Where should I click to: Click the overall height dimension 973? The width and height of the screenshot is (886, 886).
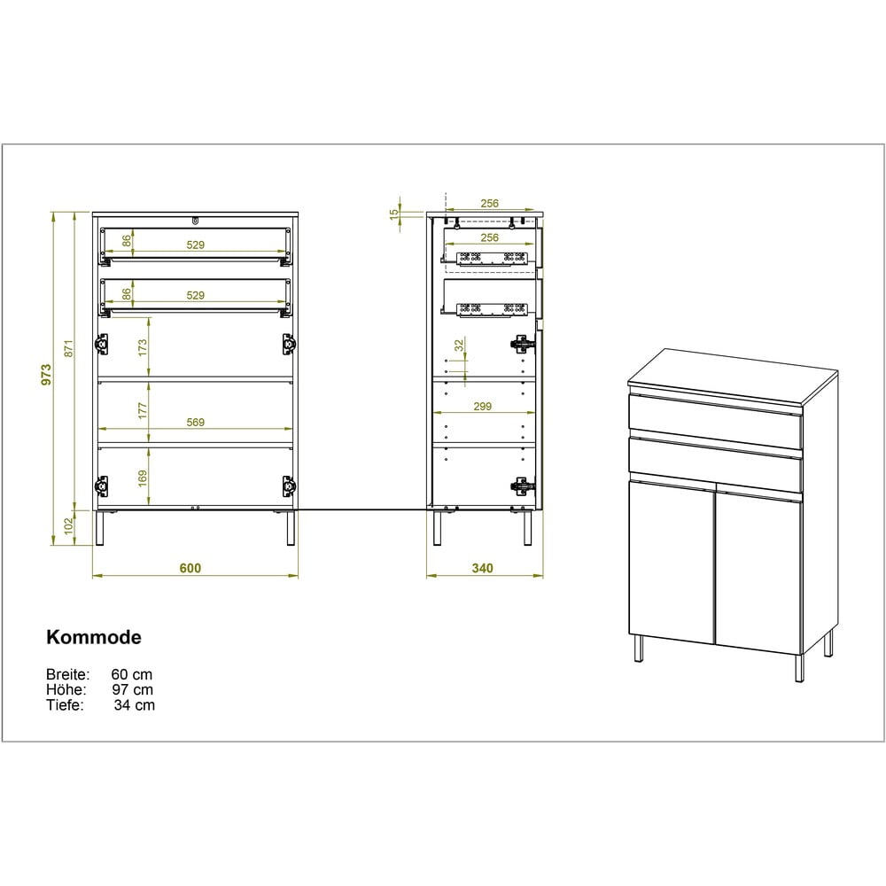[x=46, y=375]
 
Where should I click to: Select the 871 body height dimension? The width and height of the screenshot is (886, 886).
[x=68, y=348]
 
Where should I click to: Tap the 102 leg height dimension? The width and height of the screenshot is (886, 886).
[x=68, y=526]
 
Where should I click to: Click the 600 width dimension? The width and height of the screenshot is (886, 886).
[x=190, y=568]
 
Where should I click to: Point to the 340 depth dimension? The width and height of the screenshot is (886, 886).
[x=482, y=568]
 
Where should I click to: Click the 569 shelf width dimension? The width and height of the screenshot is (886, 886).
[x=195, y=422]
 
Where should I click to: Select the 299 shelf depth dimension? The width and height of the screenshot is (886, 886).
[x=482, y=407]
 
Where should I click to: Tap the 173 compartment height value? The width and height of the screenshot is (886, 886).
[x=143, y=347]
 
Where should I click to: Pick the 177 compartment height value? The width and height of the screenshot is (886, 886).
[x=143, y=410]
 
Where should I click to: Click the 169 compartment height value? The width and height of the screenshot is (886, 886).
[x=143, y=478]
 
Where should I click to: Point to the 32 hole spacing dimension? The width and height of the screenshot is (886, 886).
[x=459, y=345]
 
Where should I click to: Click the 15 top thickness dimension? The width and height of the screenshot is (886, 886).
[x=394, y=214]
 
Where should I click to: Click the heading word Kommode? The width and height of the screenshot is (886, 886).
[x=94, y=637]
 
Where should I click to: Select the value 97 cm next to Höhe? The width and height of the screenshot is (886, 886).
[x=133, y=689]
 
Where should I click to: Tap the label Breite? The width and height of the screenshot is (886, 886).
[x=68, y=674]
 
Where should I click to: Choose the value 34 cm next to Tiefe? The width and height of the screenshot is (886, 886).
[x=134, y=704]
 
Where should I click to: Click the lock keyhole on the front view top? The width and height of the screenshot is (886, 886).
[x=195, y=221]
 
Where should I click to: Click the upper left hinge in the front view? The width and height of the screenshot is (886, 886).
[x=102, y=344]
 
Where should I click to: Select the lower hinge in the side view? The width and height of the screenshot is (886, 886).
[x=522, y=485]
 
